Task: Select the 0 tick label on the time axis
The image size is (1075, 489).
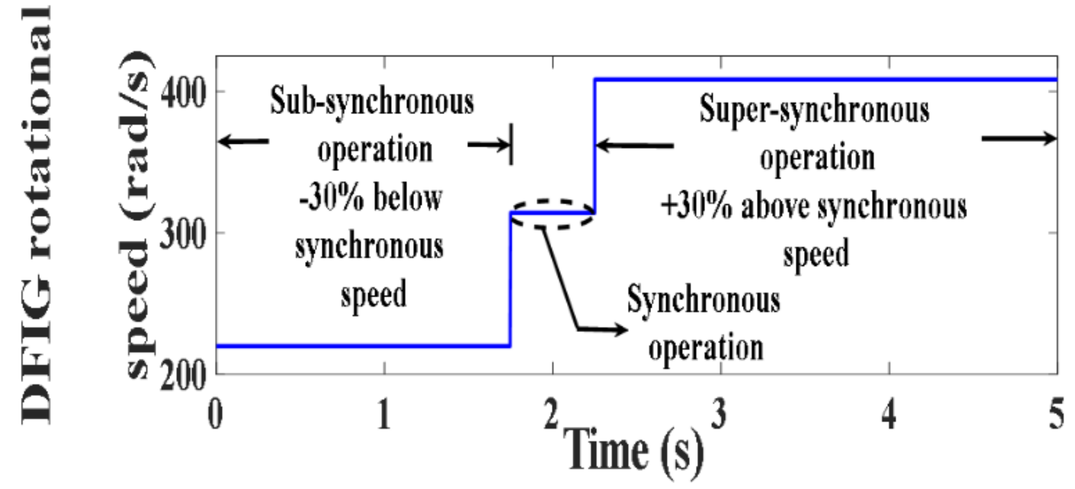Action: point(215,414)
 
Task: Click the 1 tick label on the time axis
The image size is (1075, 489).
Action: point(384,414)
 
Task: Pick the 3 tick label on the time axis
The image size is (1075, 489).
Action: point(719,414)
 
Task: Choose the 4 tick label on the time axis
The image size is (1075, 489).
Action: point(889,414)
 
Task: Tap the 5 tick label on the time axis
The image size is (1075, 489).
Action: point(1057,414)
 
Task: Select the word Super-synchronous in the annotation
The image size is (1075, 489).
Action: point(814,109)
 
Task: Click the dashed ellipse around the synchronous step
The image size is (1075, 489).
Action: point(552,201)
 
